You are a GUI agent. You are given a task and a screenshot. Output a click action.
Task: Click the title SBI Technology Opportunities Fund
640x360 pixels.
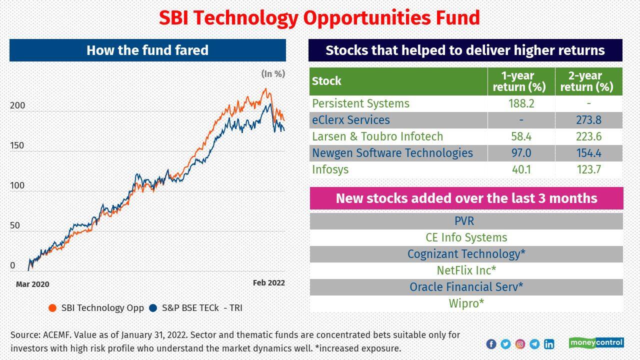[319, 18]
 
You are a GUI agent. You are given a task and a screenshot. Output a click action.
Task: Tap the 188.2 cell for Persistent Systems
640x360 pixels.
[521, 103]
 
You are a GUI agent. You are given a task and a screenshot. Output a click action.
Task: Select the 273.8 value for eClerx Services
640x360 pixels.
[588, 120]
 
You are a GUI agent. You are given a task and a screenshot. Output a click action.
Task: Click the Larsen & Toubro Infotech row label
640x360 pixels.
[377, 136]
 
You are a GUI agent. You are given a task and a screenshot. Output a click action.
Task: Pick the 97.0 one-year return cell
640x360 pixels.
[521, 153]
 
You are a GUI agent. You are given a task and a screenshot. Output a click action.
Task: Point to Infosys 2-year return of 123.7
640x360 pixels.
[588, 169]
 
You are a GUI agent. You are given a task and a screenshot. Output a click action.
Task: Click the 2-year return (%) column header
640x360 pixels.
[588, 81]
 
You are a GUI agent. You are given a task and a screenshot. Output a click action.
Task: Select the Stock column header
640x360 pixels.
[327, 81]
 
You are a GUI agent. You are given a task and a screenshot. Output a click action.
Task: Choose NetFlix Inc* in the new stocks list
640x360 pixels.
[466, 270]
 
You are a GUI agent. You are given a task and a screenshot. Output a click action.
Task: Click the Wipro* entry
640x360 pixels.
[466, 303]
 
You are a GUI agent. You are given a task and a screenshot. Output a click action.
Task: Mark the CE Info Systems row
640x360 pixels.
[466, 237]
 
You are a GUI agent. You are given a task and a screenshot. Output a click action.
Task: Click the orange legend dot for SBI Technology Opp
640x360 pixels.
[52, 308]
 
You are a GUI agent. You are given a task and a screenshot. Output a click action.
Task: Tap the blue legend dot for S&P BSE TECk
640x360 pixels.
[153, 308]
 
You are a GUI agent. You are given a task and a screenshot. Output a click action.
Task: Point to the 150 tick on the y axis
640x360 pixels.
[17, 145]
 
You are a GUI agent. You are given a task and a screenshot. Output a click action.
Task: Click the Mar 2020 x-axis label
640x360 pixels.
[32, 284]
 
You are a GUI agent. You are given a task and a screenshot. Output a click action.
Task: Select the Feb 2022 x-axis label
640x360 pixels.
[268, 282]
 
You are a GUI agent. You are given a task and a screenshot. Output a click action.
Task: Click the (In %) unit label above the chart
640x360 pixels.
[273, 74]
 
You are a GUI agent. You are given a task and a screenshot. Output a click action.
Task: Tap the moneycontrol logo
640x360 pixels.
[596, 343]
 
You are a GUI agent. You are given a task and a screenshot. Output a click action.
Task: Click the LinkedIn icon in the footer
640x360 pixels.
[549, 344]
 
